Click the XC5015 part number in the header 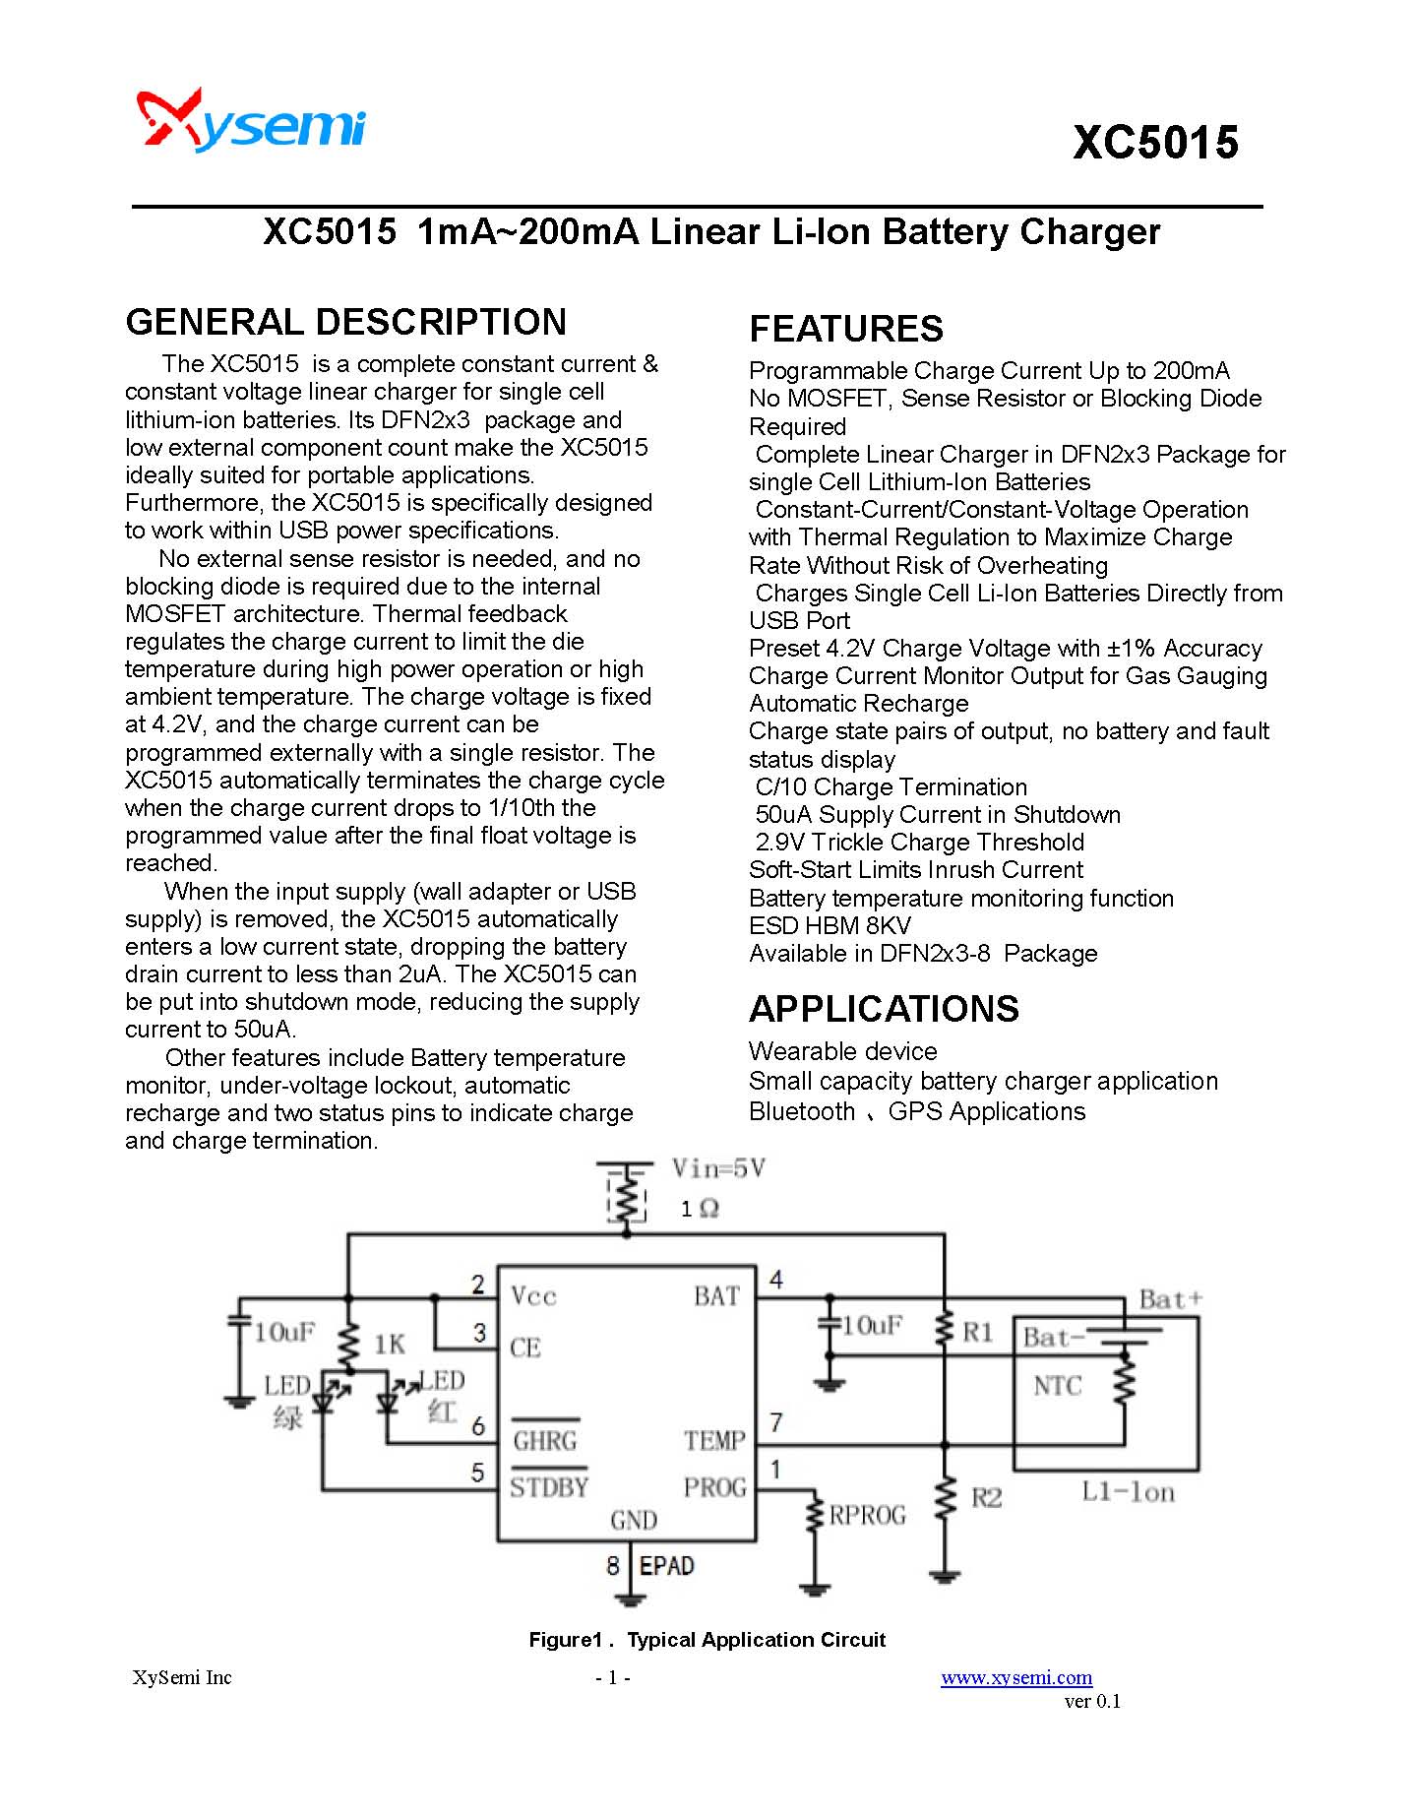[1155, 143]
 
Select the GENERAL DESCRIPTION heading [346, 322]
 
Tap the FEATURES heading [846, 328]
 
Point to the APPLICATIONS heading [884, 1009]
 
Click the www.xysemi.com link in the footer [1016, 1677]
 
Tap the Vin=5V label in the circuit [718, 1169]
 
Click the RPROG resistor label [867, 1515]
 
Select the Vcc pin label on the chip [533, 1296]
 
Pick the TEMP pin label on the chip [714, 1441]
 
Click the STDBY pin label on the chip [549, 1487]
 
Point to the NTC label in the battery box [1057, 1386]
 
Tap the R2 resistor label [986, 1497]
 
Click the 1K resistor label [390, 1345]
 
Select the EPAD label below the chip [666, 1565]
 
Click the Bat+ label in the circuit [1170, 1299]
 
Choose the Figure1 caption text [707, 1640]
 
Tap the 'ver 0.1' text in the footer [1092, 1701]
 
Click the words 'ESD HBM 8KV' [830, 925]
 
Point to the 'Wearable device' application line [842, 1051]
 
